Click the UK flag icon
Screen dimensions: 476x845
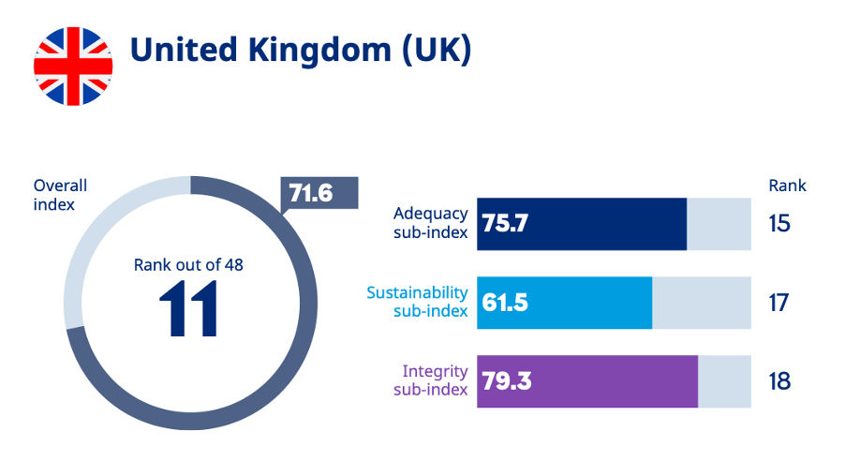pyautogui.click(x=73, y=66)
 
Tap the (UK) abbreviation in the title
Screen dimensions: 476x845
pyautogui.click(x=436, y=51)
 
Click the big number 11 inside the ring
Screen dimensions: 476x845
pyautogui.click(x=188, y=308)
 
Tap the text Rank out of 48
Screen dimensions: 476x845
pyautogui.click(x=188, y=265)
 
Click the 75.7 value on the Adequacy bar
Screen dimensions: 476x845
pyautogui.click(x=506, y=225)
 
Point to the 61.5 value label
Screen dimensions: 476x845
pyautogui.click(x=506, y=304)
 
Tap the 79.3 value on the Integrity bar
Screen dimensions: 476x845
pyautogui.click(x=506, y=382)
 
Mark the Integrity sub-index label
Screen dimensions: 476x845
pyautogui.click(x=434, y=380)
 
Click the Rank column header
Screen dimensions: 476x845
pyautogui.click(x=787, y=186)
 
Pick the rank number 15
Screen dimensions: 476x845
pyautogui.click(x=778, y=224)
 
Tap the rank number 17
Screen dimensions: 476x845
pyautogui.click(x=778, y=303)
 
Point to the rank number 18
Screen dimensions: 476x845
pyautogui.click(x=778, y=381)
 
